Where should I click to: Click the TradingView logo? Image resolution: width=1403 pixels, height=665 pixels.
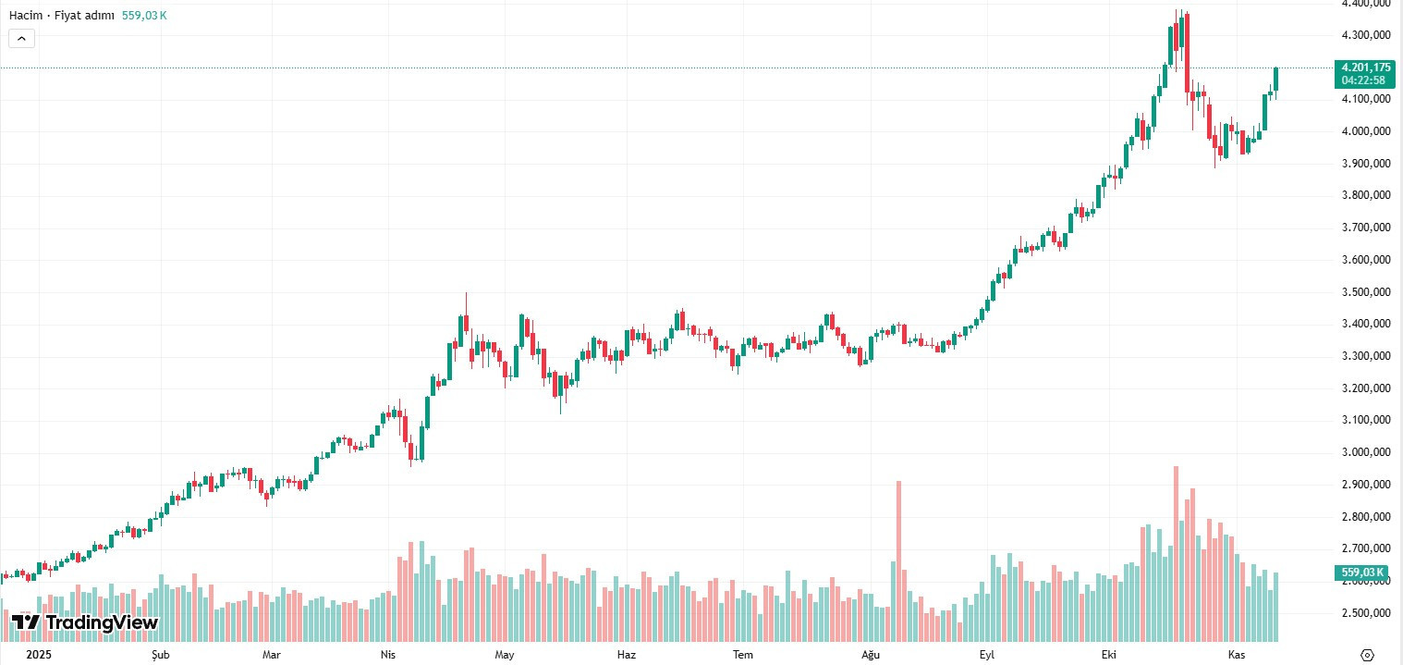pos(85,622)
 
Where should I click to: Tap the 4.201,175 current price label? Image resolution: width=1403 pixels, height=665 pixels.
pos(1366,68)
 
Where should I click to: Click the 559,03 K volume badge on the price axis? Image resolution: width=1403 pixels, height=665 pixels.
pos(1362,573)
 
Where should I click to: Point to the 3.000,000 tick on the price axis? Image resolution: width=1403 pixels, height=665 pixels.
pos(1366,452)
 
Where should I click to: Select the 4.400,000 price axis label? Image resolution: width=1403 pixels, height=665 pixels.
pos(1366,4)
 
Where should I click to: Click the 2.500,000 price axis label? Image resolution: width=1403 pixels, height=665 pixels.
pos(1366,613)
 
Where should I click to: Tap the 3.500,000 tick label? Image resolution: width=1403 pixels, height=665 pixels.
pos(1366,292)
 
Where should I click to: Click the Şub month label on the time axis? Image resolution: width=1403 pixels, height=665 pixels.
pos(149,655)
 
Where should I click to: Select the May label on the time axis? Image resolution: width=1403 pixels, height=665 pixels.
pos(504,655)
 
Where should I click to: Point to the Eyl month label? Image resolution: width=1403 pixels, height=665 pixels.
pos(986,655)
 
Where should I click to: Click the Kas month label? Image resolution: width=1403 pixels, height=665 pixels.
pos(1236,655)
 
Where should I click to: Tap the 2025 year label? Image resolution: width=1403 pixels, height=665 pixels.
pos(39,655)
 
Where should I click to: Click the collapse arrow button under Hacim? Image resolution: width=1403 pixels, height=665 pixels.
pos(21,39)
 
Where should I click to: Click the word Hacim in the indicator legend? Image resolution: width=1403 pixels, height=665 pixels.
pos(26,16)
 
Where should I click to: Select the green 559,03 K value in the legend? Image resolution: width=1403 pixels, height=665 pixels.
pos(144,16)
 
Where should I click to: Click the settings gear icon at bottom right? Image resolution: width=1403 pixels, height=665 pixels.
pos(1368,654)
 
